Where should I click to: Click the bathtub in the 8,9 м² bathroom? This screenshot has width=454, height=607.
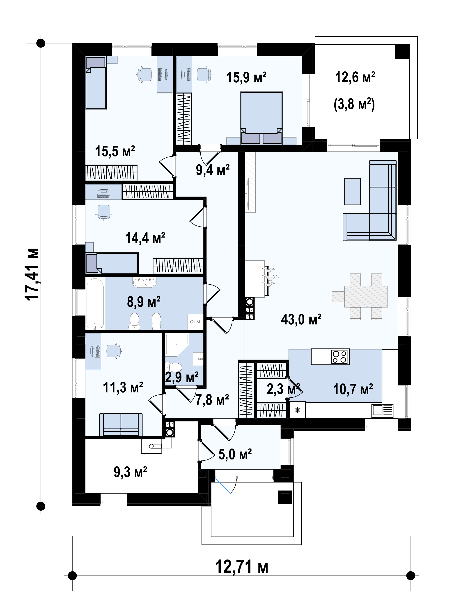pos(95,303)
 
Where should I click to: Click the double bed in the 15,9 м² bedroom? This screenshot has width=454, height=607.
pos(261,118)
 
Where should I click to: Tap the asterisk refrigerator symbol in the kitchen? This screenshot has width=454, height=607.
pos(297,410)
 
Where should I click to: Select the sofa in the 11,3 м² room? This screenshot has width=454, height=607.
pos(121,424)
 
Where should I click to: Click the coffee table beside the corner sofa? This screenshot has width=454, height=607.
pos(353,192)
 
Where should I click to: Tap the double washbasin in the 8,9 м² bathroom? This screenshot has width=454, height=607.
pos(144,282)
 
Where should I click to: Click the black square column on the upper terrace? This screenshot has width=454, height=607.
pos(402,52)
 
